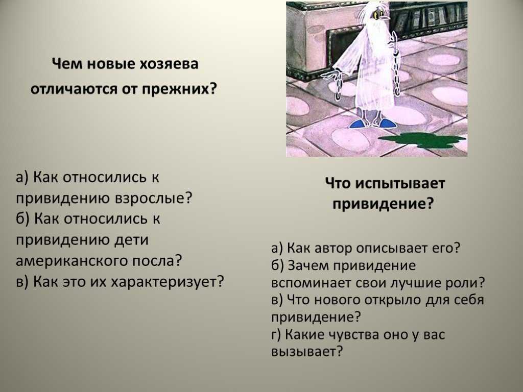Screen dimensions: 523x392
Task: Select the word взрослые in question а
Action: [154, 199]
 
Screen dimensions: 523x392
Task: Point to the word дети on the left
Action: [131, 240]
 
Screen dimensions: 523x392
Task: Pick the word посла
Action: [157, 261]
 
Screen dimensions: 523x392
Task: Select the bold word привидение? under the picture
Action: [383, 204]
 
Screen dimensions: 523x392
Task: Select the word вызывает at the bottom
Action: [306, 352]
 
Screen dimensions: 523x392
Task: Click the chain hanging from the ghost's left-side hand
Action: [338, 86]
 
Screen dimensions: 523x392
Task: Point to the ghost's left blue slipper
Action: [358, 124]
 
